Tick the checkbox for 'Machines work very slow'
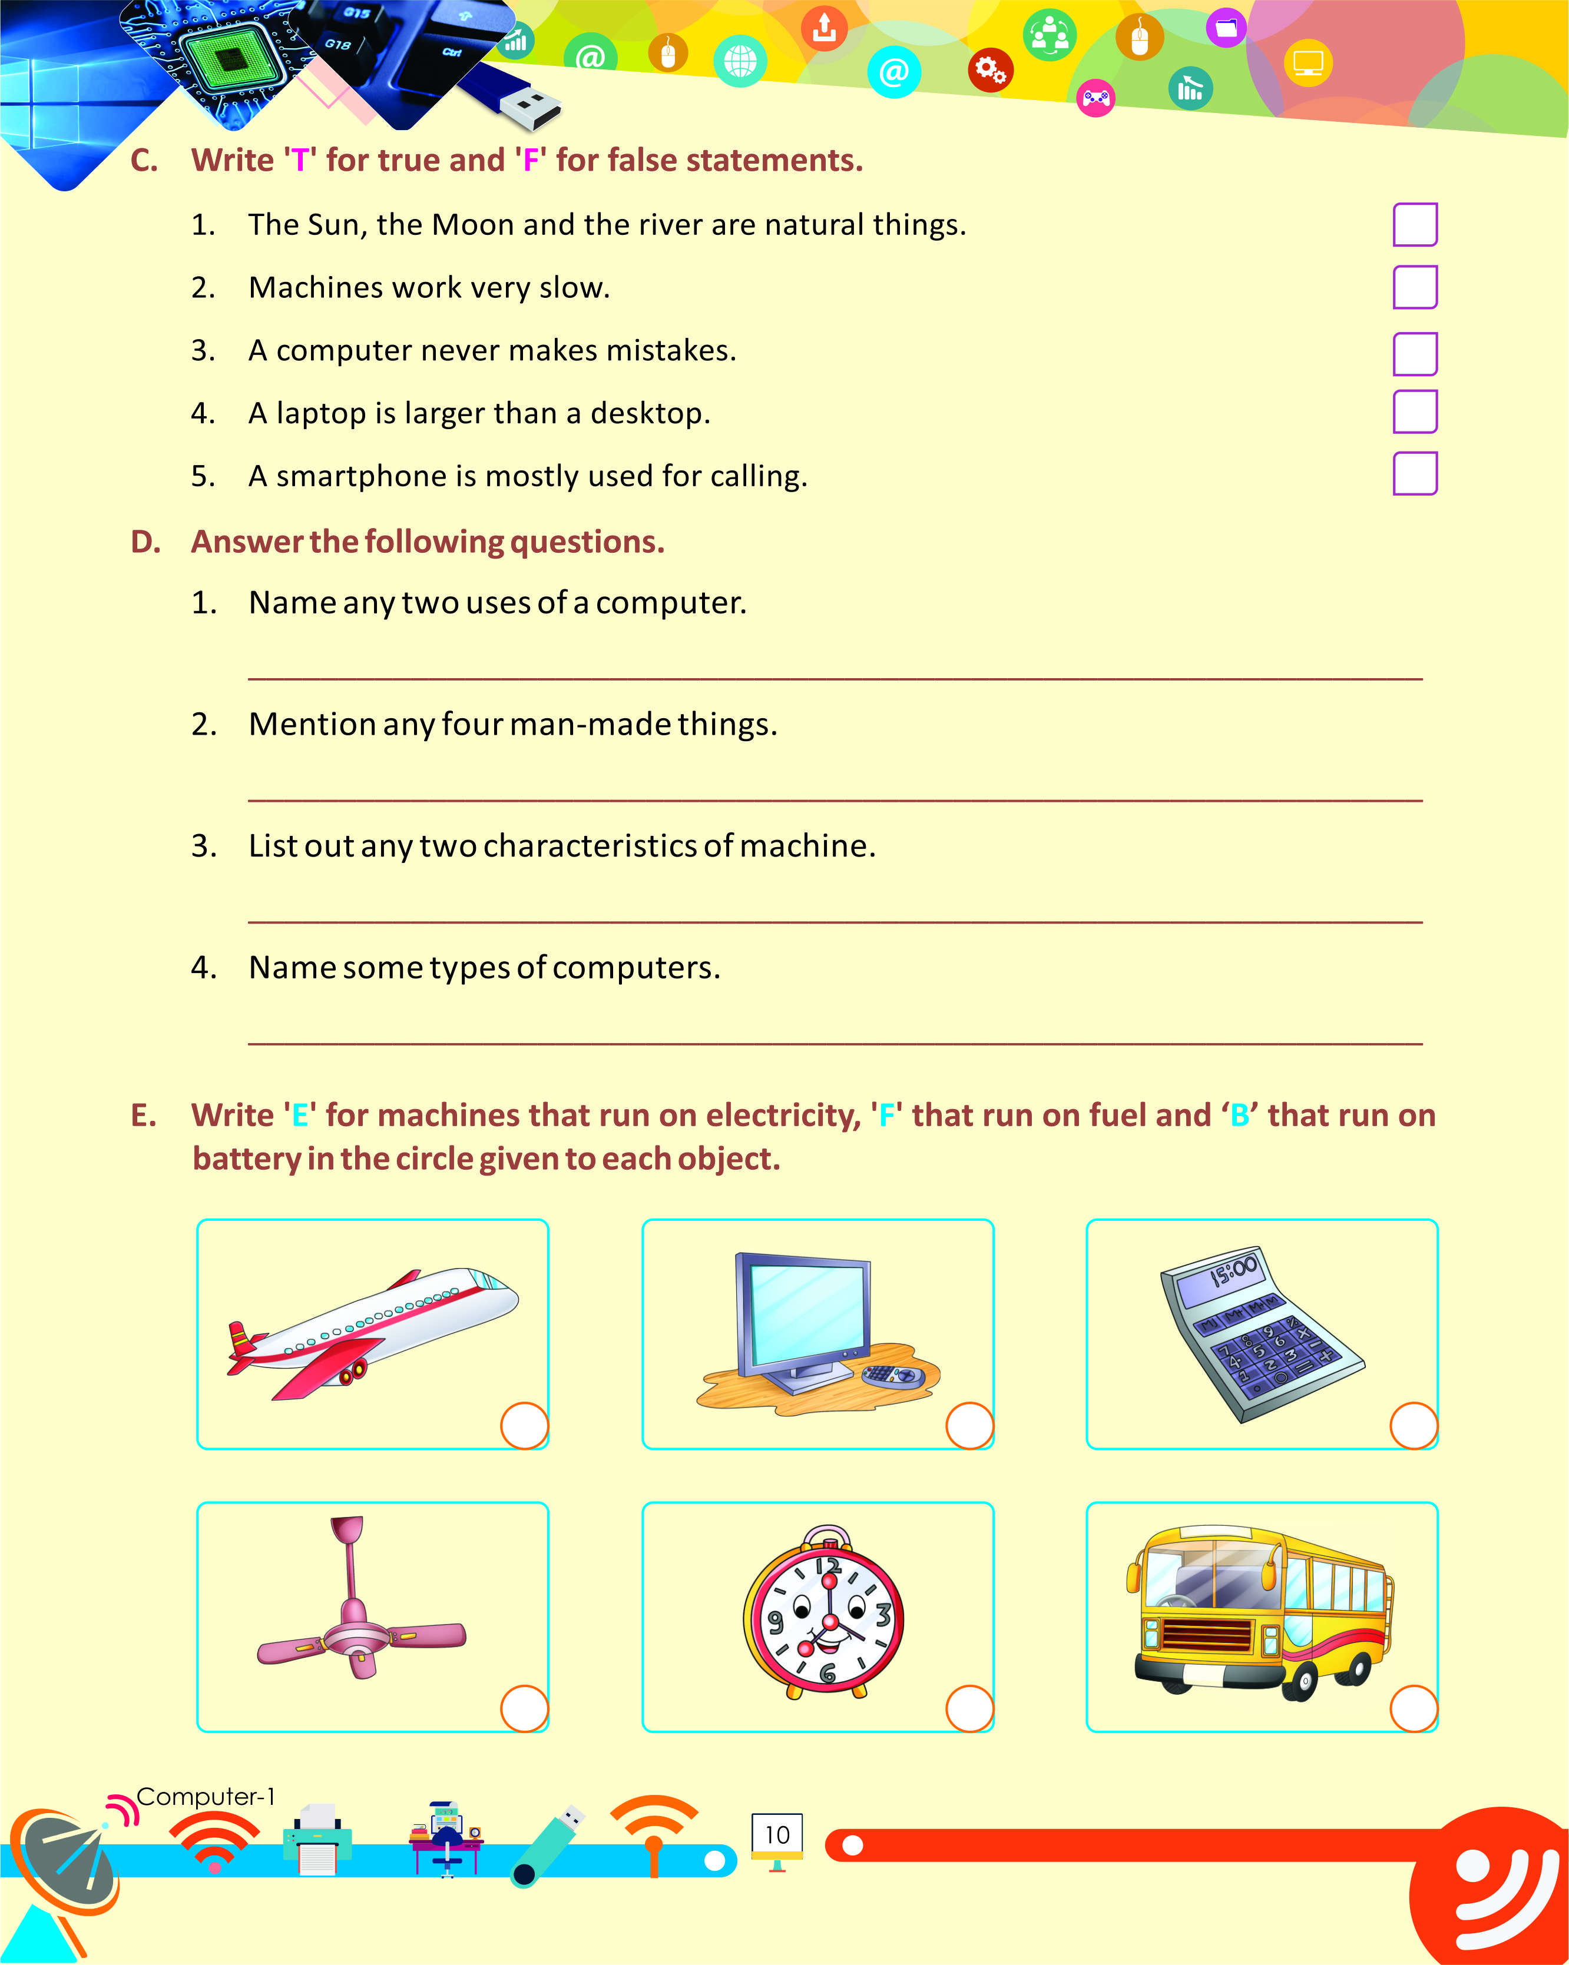point(1414,288)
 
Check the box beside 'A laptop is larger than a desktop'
point(1414,412)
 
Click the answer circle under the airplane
point(524,1425)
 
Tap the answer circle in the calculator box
point(1413,1425)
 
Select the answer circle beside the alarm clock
point(969,1708)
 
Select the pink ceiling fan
point(359,1613)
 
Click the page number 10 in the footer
point(777,1835)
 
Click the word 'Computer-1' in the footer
point(205,1797)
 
